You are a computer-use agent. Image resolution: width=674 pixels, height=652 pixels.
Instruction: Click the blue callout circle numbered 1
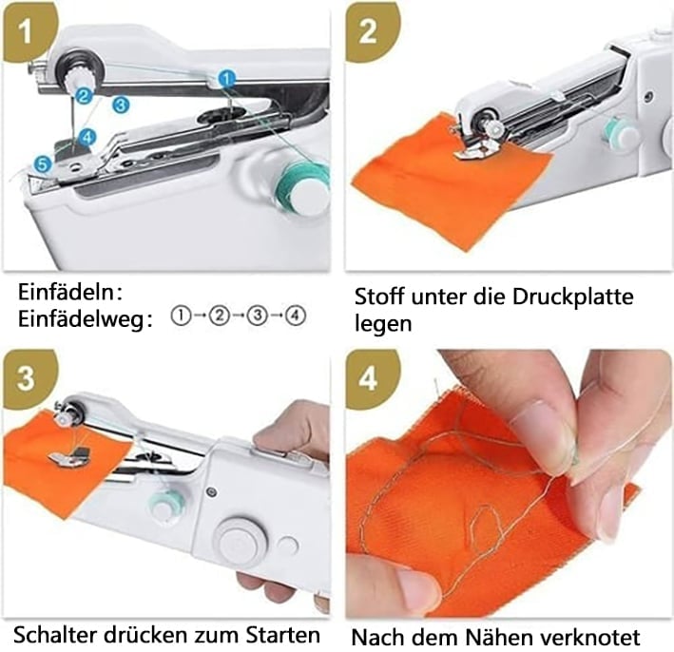(x=227, y=79)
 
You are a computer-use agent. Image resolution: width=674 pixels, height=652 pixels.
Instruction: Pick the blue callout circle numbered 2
(x=84, y=95)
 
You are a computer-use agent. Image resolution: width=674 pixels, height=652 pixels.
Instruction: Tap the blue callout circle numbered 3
(x=121, y=105)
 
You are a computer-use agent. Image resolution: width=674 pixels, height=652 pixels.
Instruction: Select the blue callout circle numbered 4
(x=87, y=138)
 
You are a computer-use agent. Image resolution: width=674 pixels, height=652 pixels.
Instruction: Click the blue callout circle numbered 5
(x=43, y=163)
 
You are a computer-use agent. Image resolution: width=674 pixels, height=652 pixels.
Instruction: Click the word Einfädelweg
(x=81, y=320)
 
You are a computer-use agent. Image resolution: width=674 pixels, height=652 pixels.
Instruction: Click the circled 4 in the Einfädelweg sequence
(x=296, y=316)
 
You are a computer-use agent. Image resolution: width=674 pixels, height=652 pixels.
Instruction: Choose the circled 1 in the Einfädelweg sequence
(x=181, y=316)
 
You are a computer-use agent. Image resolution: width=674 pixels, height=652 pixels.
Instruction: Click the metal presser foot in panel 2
(x=478, y=148)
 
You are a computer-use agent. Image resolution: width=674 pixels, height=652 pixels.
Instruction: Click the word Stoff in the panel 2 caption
(x=379, y=297)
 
